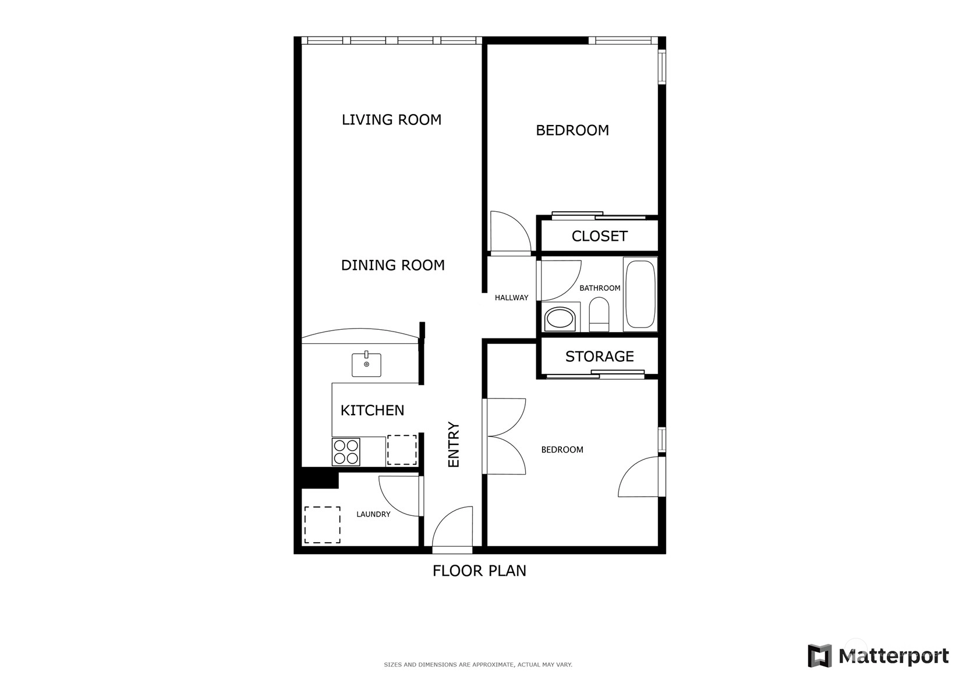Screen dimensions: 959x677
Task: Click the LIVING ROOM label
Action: (x=391, y=120)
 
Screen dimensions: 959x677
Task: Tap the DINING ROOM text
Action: (x=392, y=265)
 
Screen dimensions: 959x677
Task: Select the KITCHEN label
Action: (x=372, y=411)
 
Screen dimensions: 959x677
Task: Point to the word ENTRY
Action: (x=454, y=444)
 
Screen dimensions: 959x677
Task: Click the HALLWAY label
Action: (x=511, y=298)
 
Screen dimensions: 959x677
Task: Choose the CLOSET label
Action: (x=599, y=236)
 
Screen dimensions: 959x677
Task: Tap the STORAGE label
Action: (x=599, y=357)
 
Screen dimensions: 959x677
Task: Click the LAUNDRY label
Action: (x=373, y=514)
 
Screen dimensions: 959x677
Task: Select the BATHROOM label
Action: (x=599, y=288)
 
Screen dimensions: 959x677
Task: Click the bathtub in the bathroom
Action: (x=640, y=294)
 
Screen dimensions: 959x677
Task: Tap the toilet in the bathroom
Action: (x=599, y=314)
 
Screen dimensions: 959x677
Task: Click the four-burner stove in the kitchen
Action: (x=346, y=452)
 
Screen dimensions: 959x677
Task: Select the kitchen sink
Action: (x=366, y=364)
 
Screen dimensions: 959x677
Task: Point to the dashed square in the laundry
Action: (x=323, y=525)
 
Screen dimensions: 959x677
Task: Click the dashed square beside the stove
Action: (x=402, y=450)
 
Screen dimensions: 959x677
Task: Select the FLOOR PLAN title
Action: (x=479, y=571)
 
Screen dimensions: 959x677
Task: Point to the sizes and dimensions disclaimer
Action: (x=478, y=665)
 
